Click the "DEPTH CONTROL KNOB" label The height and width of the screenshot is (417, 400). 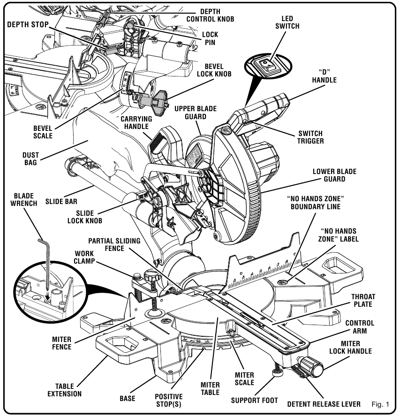point(210,15)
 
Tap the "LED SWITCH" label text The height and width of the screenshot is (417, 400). point(287,22)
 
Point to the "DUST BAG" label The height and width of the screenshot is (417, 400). point(31,159)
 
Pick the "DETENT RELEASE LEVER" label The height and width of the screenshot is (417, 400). point(324,404)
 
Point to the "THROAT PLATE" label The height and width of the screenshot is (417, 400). point(362,301)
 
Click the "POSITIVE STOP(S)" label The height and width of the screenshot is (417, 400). point(168,400)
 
